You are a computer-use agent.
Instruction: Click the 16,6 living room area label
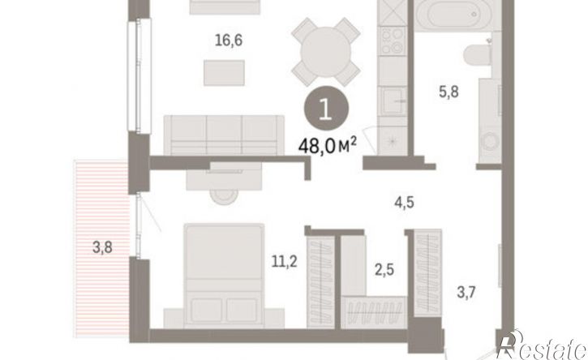coord(229,40)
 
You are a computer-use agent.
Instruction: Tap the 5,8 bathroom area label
coord(449,92)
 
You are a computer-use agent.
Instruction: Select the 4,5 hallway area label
coord(404,203)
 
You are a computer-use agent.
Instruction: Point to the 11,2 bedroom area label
coord(284,261)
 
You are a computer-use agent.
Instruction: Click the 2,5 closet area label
coord(384,270)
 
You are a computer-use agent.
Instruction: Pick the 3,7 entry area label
coord(466,292)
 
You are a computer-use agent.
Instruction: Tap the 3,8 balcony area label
coord(102,247)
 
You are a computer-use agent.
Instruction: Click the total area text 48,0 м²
coord(327,145)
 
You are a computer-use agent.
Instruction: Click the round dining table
coord(326,52)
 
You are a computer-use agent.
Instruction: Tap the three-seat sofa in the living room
coord(224,135)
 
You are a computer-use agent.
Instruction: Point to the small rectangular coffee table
coord(224,73)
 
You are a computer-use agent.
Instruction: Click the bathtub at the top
coord(453,15)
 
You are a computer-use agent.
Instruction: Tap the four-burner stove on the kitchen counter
coord(393,41)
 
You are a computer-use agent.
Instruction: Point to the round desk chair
coord(224,195)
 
